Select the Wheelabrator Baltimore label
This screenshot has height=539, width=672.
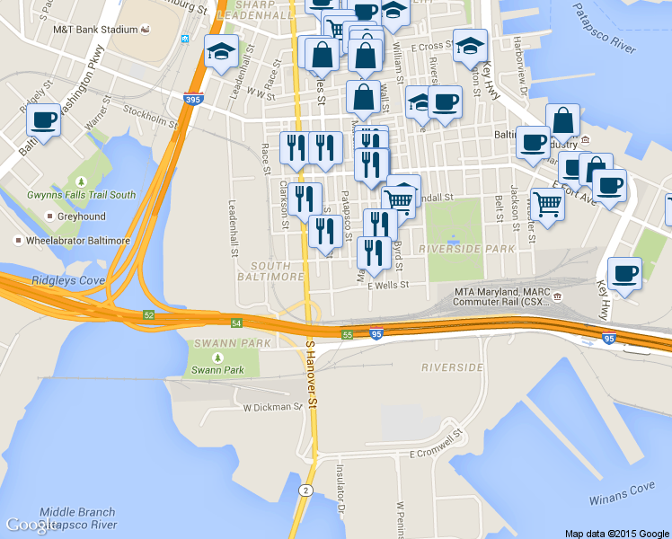point(78,241)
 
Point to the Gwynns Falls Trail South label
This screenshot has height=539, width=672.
point(81,195)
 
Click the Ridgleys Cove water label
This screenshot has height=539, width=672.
point(68,281)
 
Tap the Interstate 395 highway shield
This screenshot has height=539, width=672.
point(192,100)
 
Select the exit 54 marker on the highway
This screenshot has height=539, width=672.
point(236,323)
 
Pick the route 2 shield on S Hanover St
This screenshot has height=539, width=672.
point(306,490)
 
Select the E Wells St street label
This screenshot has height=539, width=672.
point(388,285)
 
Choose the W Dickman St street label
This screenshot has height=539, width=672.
point(273,407)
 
